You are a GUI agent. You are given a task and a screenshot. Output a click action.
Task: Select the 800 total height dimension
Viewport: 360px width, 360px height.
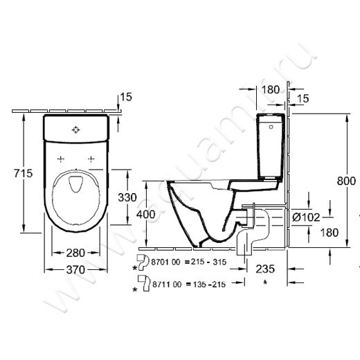coord(346,181)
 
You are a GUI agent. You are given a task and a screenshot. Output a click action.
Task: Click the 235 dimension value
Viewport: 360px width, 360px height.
coord(265,268)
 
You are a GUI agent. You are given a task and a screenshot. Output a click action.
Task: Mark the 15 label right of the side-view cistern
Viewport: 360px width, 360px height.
coord(303,100)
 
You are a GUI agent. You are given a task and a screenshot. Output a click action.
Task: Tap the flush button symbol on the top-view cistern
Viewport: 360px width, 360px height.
coord(76,129)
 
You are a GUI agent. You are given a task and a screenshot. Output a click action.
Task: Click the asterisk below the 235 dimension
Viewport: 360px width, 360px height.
coord(265,283)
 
